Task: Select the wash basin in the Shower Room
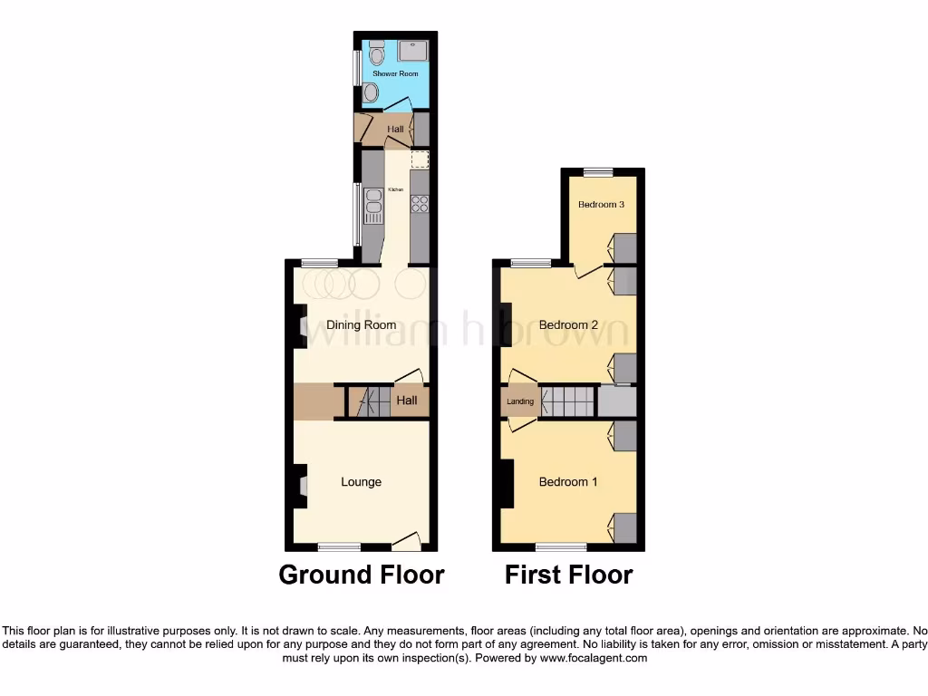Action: (x=370, y=92)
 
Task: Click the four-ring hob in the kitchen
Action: (x=419, y=203)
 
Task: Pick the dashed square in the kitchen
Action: (x=419, y=159)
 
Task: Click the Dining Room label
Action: (x=362, y=325)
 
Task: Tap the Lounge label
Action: (x=361, y=482)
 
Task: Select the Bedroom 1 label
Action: (x=568, y=482)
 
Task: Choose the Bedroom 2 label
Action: (x=568, y=325)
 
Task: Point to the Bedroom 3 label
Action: (x=601, y=205)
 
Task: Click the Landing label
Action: (x=520, y=401)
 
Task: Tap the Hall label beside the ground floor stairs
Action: (x=406, y=400)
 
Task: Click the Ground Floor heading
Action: (x=361, y=575)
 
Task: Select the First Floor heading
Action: (x=568, y=575)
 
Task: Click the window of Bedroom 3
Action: (x=597, y=171)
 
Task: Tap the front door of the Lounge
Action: (x=406, y=542)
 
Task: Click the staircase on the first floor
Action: (x=567, y=401)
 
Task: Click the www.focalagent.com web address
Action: (x=594, y=658)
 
